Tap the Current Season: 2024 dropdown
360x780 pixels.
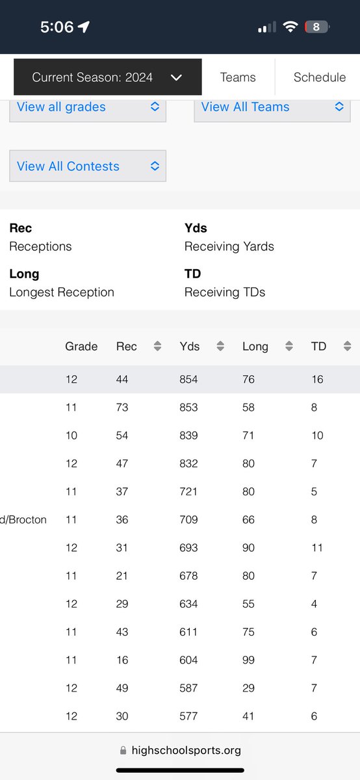pyautogui.click(x=108, y=77)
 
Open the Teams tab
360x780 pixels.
pyautogui.click(x=238, y=77)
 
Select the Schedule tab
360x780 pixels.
pyautogui.click(x=320, y=77)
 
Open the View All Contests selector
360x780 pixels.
pyautogui.click(x=88, y=166)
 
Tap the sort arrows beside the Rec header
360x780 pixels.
pyautogui.click(x=157, y=346)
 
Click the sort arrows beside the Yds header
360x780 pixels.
pyautogui.click(x=220, y=346)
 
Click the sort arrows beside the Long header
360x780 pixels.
pyautogui.click(x=289, y=346)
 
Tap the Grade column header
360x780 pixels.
pyautogui.click(x=81, y=346)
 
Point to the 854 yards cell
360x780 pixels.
pyautogui.click(x=188, y=379)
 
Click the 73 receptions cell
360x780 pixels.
pyautogui.click(x=122, y=408)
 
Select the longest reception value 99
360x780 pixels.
pyautogui.click(x=248, y=660)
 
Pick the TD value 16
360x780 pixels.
pyautogui.click(x=317, y=379)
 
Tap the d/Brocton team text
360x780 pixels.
pyautogui.click(x=23, y=519)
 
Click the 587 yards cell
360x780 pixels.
pyautogui.click(x=188, y=688)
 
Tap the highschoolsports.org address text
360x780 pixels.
pyautogui.click(x=186, y=750)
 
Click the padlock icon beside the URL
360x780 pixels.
pyautogui.click(x=123, y=750)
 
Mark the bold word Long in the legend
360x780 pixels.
pyautogui.click(x=24, y=274)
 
